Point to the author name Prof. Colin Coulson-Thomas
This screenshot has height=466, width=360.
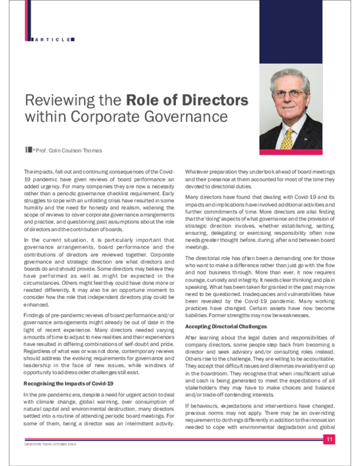[x=64, y=149]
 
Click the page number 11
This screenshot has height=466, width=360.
[x=329, y=441]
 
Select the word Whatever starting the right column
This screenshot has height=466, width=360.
[x=196, y=171]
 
